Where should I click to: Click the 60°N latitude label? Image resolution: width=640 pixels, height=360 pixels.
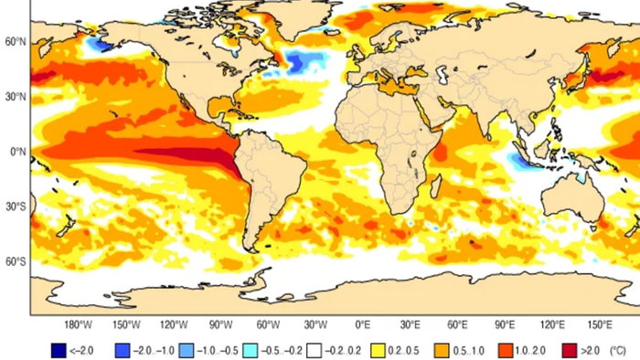tap(14, 41)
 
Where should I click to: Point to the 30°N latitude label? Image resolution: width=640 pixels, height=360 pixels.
tap(14, 96)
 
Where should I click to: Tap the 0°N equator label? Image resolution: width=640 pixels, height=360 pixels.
tap(16, 152)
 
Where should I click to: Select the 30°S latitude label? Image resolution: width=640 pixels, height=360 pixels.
tap(14, 206)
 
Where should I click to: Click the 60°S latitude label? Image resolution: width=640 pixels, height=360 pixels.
tap(14, 262)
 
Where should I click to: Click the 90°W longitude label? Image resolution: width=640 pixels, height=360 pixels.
tap(220, 324)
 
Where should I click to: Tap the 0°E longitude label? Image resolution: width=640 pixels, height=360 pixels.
tap(363, 324)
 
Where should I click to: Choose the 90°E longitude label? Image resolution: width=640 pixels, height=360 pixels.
tap(507, 324)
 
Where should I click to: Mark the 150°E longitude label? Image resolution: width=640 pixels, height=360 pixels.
tap(601, 324)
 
